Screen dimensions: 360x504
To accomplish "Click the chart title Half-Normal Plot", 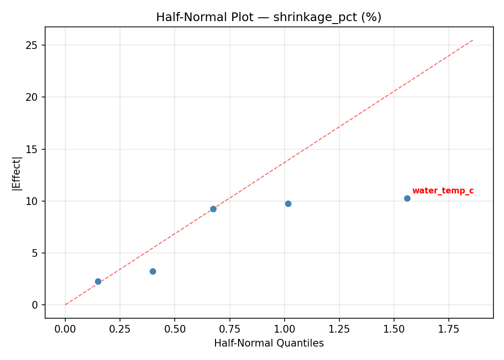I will point(268,17).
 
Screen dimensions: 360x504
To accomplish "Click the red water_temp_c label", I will point(443,191).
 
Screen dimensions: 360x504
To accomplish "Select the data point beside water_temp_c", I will point(407,198).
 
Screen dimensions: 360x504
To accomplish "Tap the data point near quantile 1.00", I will point(288,204).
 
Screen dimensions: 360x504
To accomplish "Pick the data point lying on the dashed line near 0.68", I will point(213,209).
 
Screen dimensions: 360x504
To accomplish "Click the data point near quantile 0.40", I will point(153,271).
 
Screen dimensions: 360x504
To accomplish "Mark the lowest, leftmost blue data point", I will point(98,281).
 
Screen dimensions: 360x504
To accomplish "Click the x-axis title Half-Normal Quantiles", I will point(269,343).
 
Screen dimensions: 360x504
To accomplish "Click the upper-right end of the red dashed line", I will point(473,40).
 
